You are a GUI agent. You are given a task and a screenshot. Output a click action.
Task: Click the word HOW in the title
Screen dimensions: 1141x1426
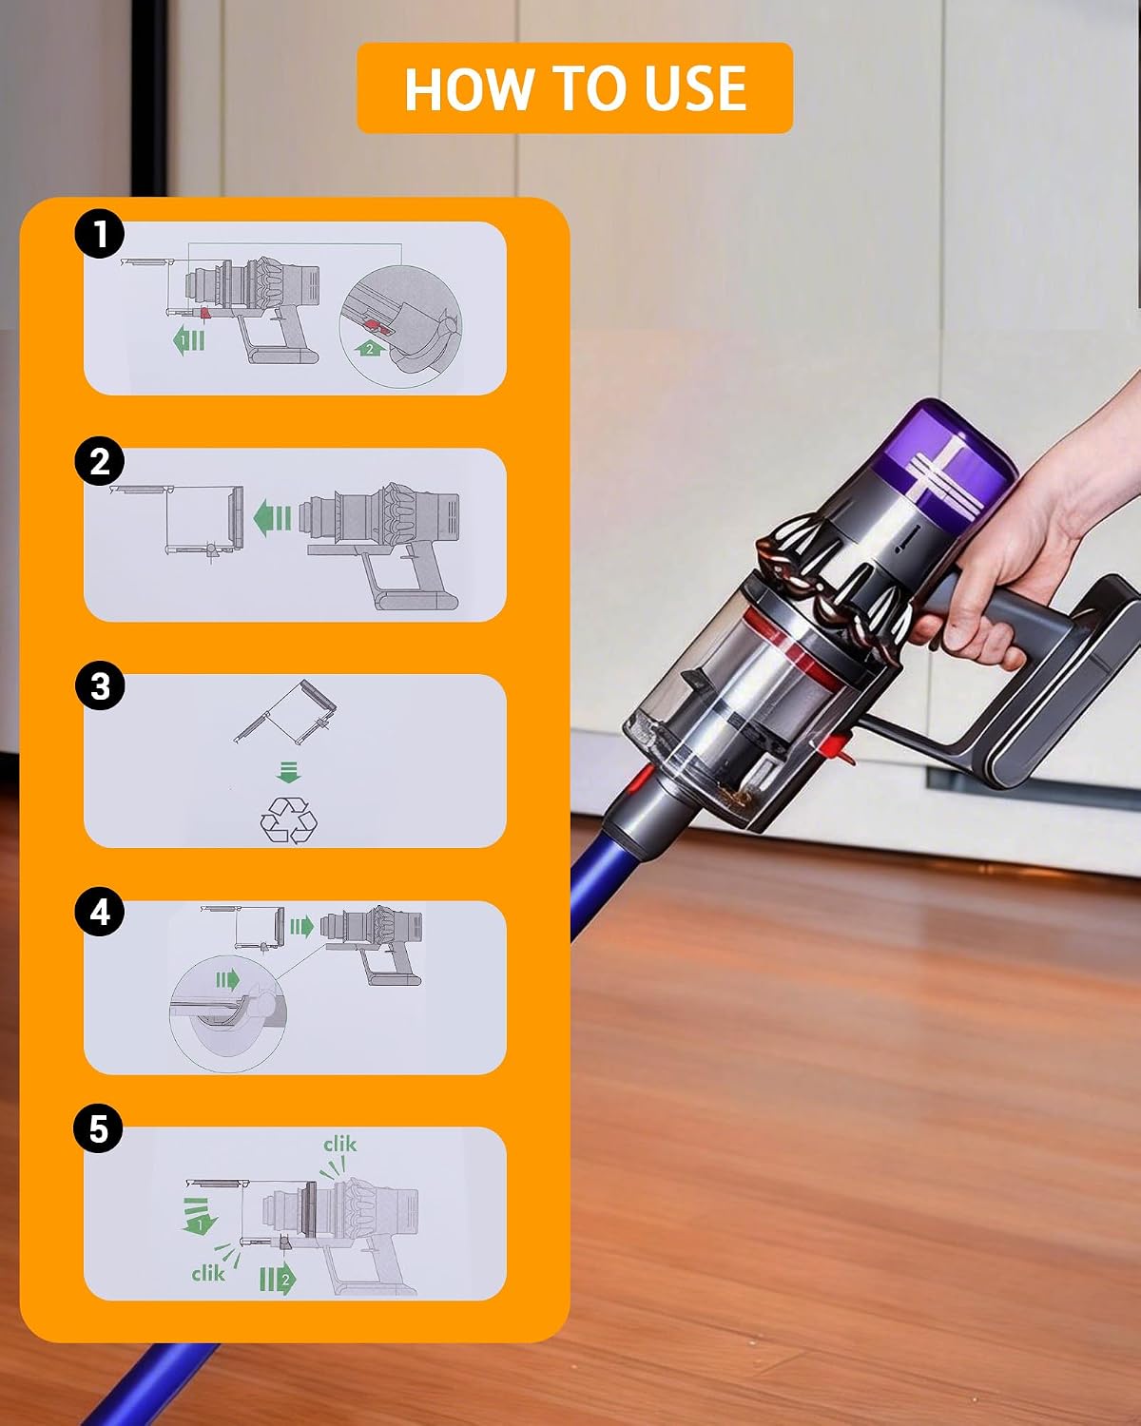[x=469, y=88]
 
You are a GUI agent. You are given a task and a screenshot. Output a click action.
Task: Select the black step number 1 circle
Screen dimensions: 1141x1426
[x=100, y=233]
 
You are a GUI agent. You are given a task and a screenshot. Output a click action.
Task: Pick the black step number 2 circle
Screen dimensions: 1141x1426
[x=100, y=460]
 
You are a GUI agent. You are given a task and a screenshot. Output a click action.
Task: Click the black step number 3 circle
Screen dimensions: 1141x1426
[x=100, y=685]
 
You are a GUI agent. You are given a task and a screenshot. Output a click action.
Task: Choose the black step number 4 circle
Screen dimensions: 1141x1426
[x=100, y=912]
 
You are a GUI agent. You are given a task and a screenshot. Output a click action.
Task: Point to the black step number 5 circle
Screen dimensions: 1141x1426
[x=98, y=1127]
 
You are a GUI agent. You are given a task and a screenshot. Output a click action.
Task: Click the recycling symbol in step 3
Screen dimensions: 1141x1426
[x=288, y=819]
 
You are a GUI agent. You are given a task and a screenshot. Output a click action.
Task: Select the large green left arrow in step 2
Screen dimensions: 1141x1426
[x=273, y=518]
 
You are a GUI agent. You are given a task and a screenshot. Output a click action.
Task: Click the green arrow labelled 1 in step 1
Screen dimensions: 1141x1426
[x=189, y=340]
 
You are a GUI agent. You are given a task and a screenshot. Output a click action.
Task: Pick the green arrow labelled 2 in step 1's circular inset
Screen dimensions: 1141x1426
[x=369, y=348]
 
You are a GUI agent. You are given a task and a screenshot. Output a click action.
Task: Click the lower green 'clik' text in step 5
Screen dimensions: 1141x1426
[x=208, y=1273]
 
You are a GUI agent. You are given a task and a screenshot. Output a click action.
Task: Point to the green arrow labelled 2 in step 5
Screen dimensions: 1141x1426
[x=278, y=1279]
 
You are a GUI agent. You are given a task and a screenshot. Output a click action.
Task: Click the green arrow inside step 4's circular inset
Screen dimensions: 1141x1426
[x=227, y=979]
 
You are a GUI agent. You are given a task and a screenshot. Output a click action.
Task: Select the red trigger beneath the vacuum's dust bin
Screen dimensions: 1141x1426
[x=840, y=747]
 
